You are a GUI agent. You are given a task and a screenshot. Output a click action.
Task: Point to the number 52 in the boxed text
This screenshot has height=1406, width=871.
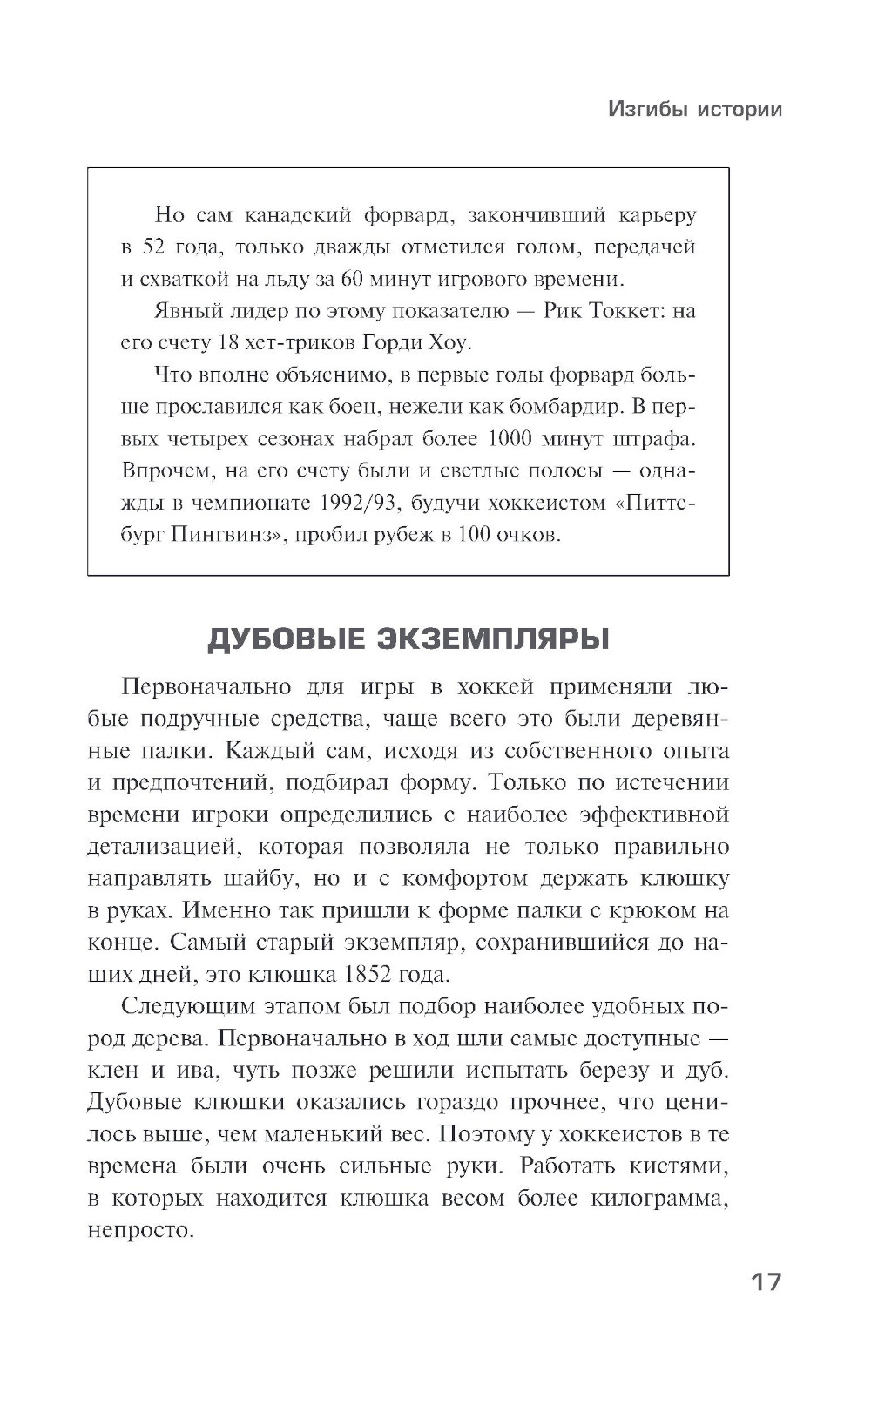[153, 247]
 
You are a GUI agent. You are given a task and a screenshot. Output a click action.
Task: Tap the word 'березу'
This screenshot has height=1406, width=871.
[610, 1070]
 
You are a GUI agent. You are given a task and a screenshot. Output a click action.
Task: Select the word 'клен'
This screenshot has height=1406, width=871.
[115, 1070]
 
